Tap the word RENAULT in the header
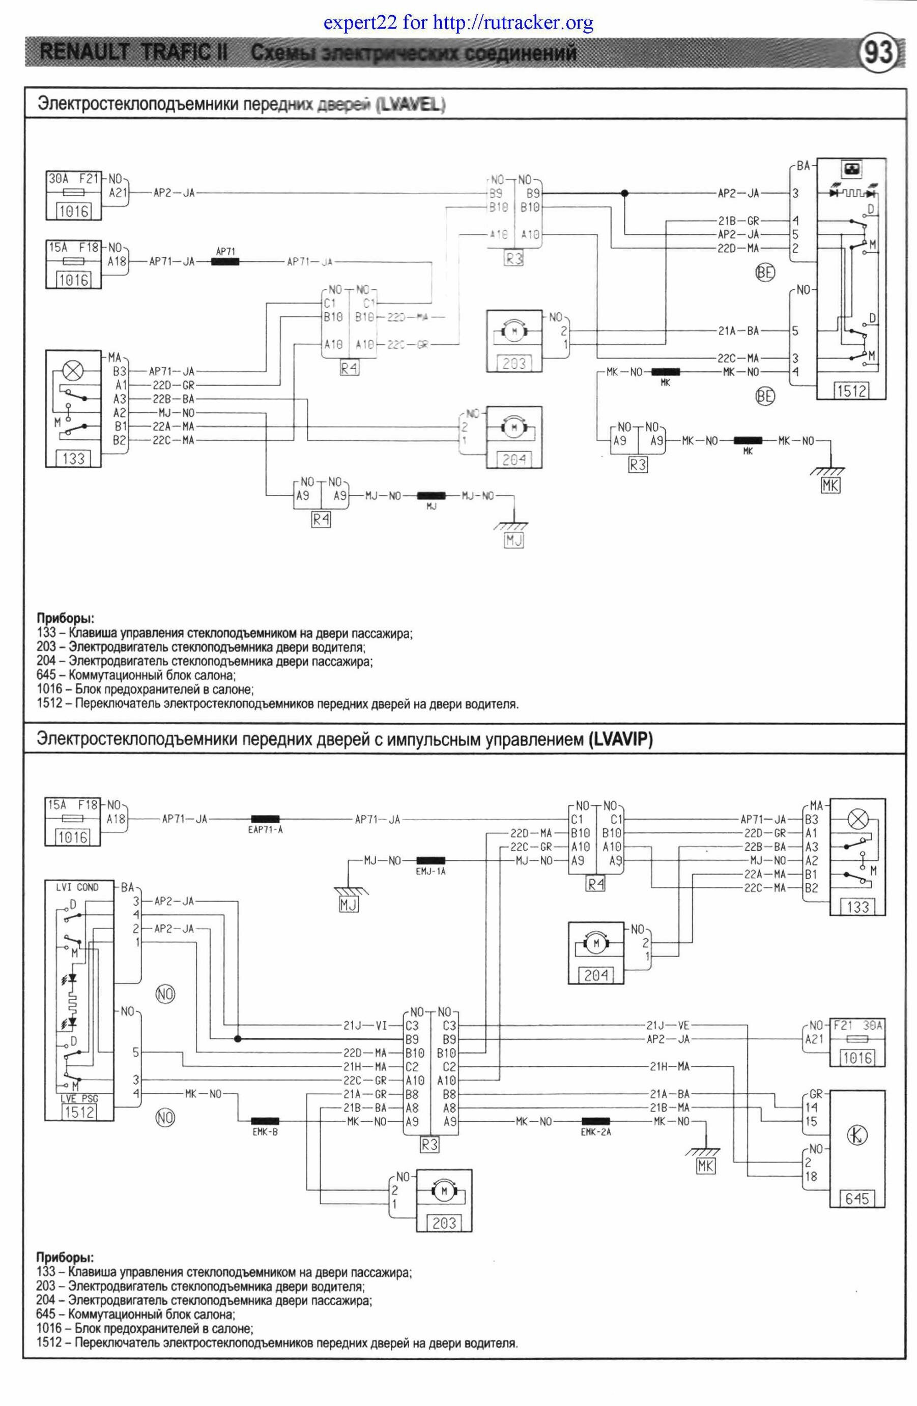(83, 52)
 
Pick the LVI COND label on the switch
(77, 887)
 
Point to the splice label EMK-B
(265, 1131)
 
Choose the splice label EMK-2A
(596, 1132)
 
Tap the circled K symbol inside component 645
(858, 1135)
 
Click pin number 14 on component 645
(811, 1108)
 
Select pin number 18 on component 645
(811, 1176)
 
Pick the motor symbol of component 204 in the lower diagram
(596, 944)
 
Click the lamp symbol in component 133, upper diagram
(73, 372)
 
